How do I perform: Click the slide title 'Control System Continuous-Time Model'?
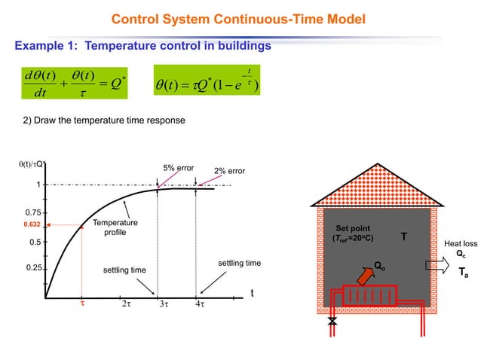click(x=239, y=18)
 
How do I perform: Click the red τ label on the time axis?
click(x=82, y=304)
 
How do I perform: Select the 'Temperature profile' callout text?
click(x=115, y=227)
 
